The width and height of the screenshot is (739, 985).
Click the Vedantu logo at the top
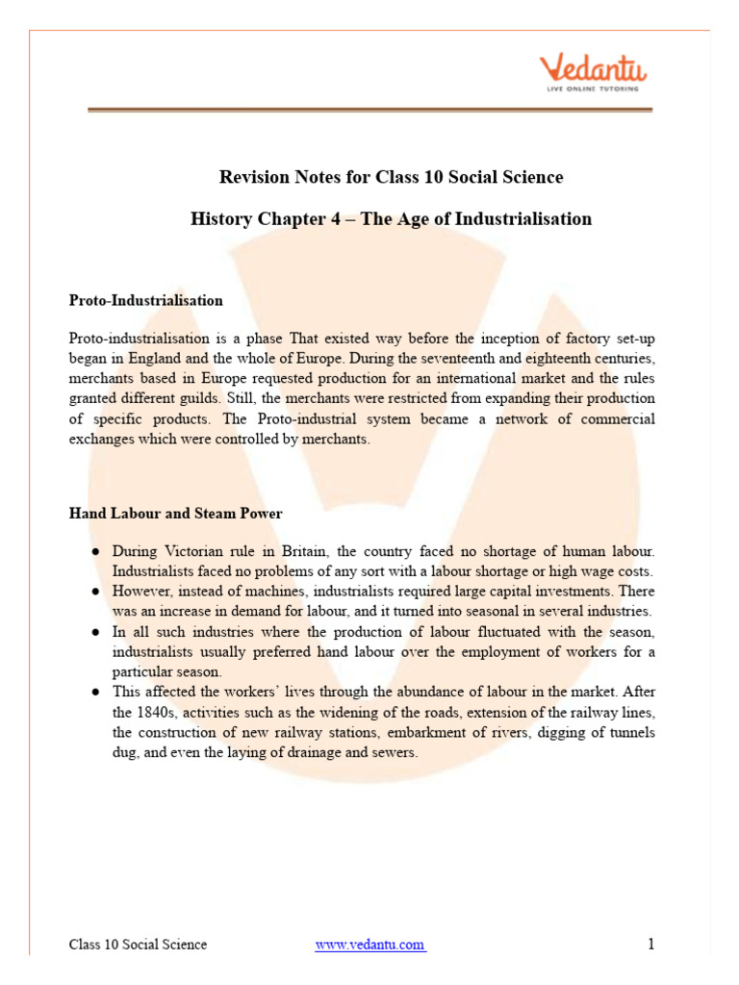tap(593, 73)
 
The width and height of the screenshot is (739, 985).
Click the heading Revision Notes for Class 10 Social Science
tap(391, 177)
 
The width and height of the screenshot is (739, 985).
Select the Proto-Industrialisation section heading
tap(145, 300)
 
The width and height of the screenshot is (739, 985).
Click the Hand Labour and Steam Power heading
tap(175, 514)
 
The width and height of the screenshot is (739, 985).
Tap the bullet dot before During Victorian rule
tap(96, 552)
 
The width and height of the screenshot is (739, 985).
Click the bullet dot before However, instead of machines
tap(96, 591)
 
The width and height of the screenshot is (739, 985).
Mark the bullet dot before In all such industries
tap(96, 632)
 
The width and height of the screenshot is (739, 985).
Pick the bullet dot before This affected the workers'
tap(96, 693)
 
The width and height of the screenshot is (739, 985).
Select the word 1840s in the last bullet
tap(154, 713)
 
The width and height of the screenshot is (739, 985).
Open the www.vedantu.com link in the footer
tap(369, 945)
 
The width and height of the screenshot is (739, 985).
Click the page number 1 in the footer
tap(651, 945)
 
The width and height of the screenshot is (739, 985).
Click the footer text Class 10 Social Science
tap(138, 945)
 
